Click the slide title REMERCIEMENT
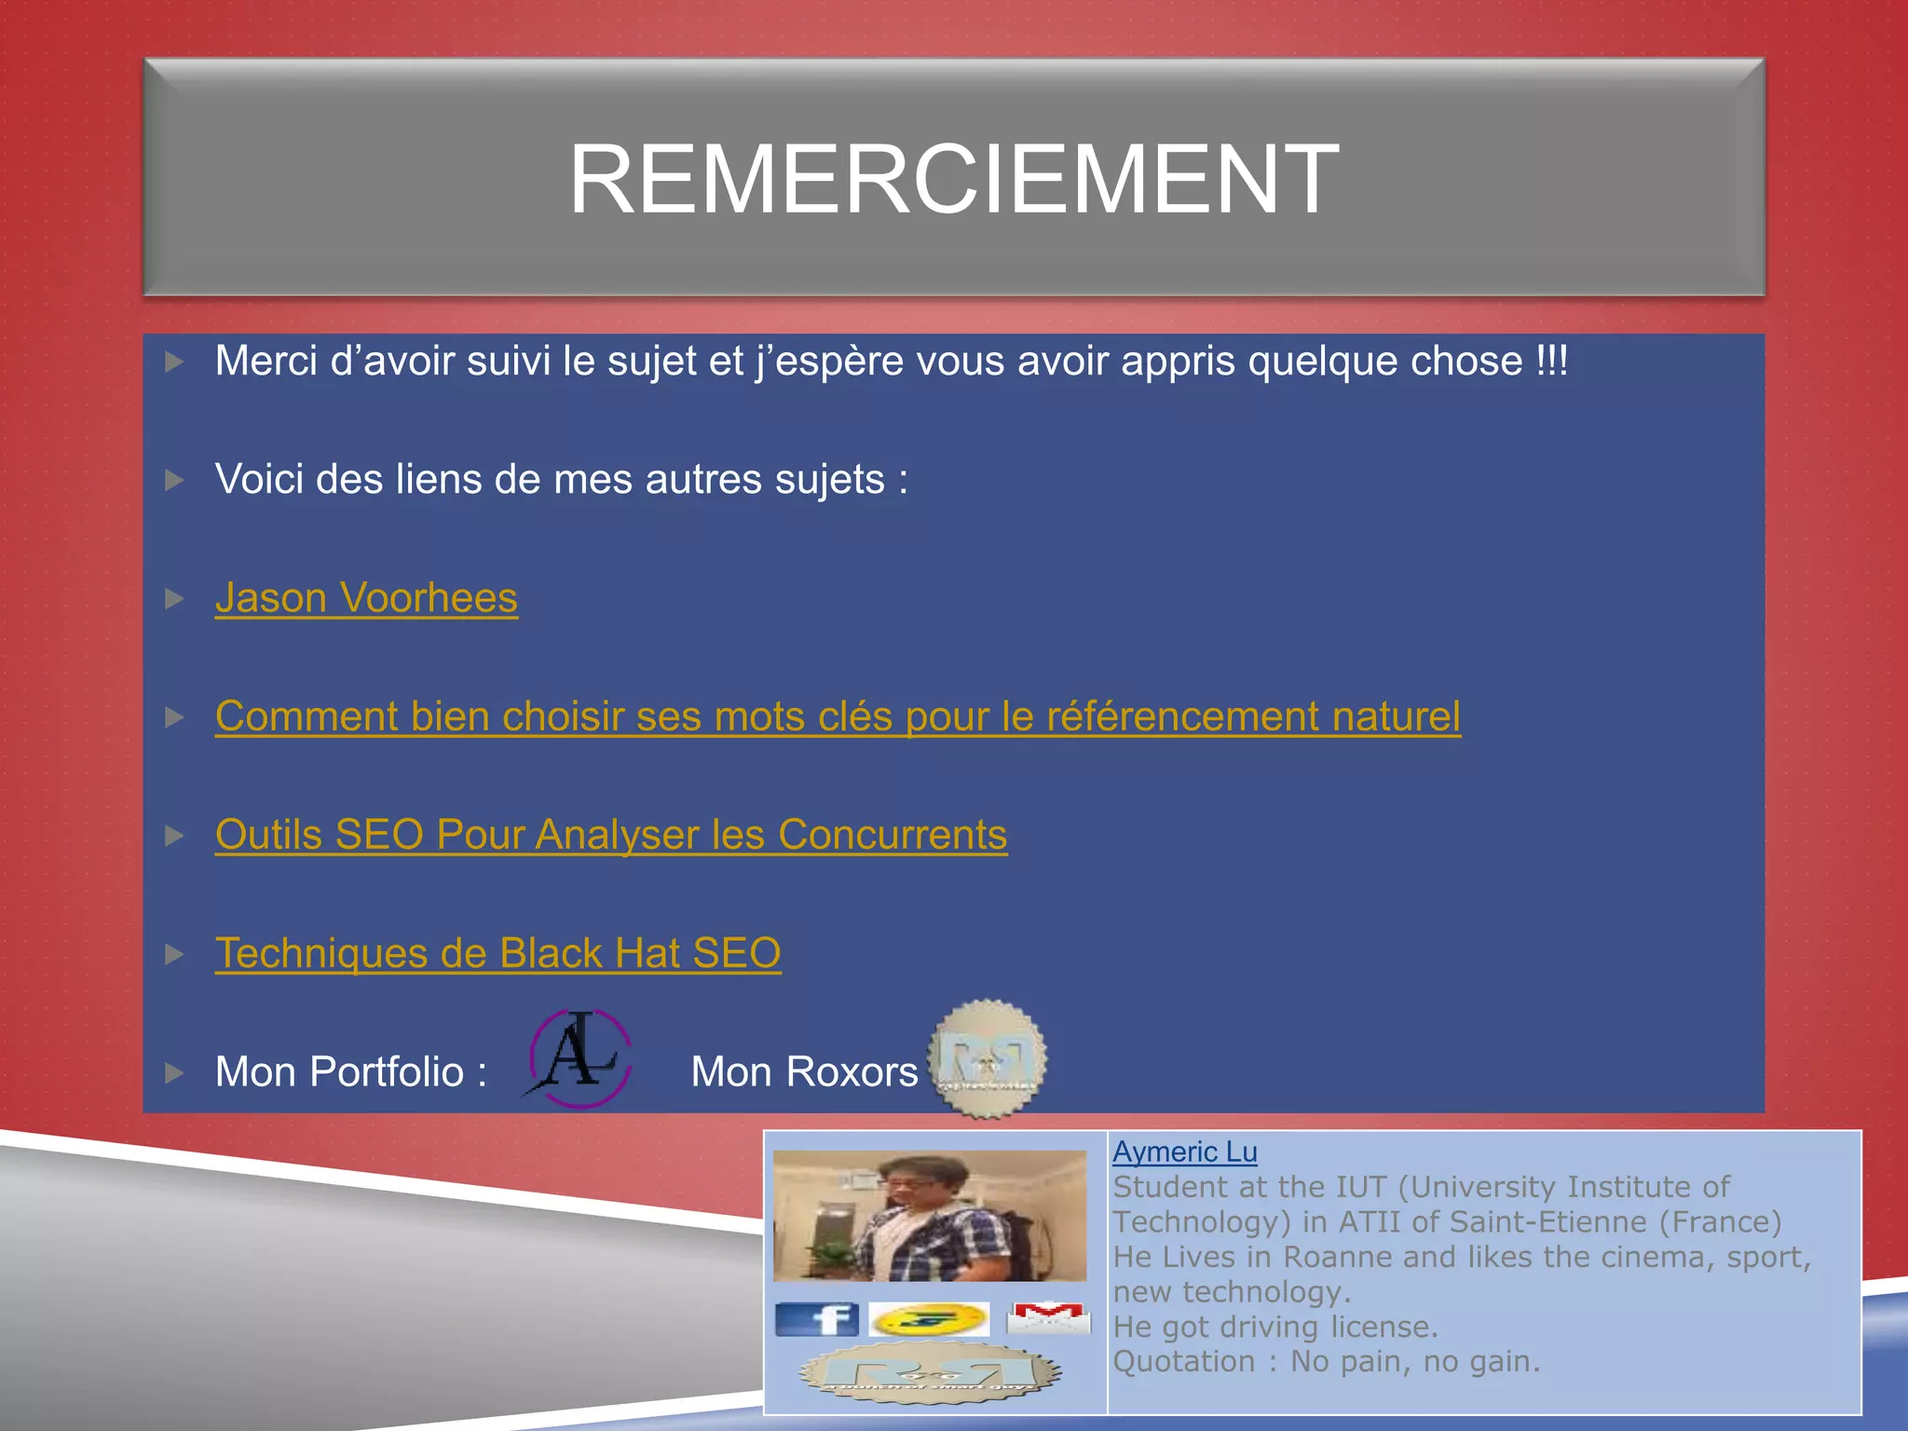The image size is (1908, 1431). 953,179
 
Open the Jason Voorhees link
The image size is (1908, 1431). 366,598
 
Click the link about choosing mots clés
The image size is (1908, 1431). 838,716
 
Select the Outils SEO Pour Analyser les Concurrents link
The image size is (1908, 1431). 611,835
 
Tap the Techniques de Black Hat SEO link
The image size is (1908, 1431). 497,953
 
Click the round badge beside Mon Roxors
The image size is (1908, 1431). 988,1058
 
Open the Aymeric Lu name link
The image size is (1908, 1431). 1184,1152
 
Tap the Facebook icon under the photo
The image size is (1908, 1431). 816,1319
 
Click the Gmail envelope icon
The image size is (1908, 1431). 1048,1317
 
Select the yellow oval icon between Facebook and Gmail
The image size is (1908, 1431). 929,1319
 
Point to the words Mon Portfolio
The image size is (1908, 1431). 339,1072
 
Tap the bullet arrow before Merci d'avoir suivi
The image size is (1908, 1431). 174,361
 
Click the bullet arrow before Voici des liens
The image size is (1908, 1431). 174,480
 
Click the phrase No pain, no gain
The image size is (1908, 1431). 1414,1362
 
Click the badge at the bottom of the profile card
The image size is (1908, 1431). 930,1373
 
